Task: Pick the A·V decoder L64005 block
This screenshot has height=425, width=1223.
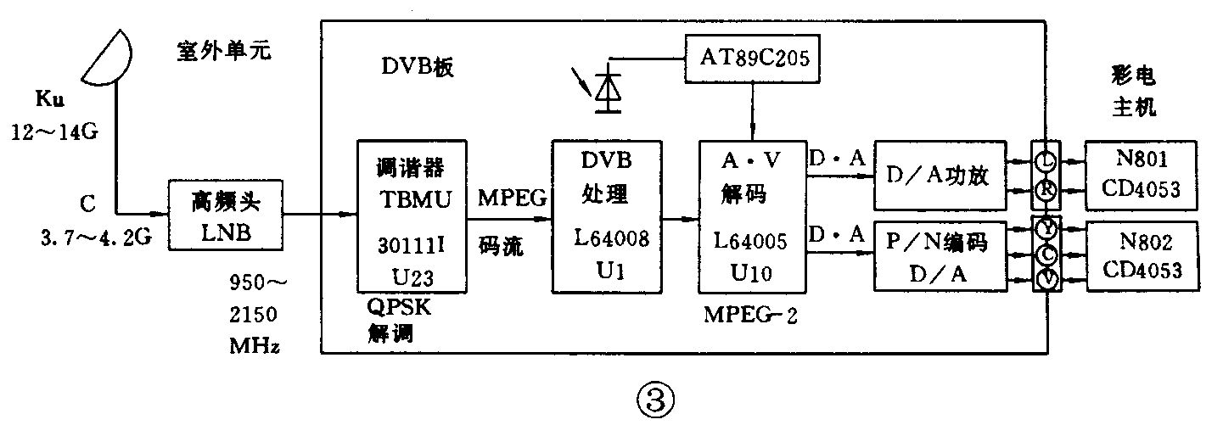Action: click(x=749, y=216)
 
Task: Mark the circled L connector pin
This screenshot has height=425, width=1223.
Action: click(x=1046, y=159)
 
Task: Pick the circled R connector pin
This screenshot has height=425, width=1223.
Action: click(x=1046, y=191)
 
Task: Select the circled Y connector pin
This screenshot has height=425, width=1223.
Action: click(x=1046, y=228)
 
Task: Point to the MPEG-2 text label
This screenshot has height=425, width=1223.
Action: click(x=749, y=316)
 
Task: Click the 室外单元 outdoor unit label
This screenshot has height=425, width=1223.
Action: click(x=224, y=53)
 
